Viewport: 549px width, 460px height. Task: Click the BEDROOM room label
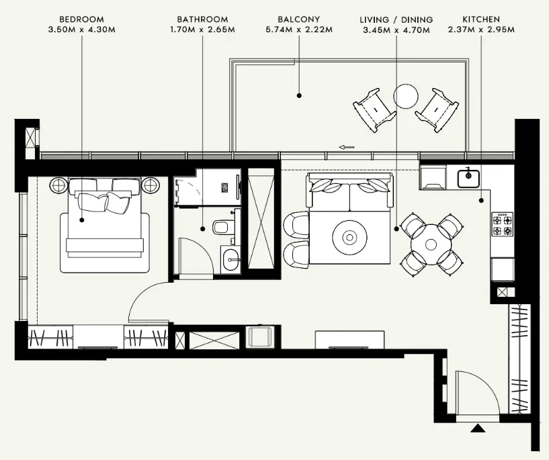81,19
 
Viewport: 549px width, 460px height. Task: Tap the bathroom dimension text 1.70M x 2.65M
202,30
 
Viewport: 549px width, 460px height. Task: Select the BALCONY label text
298,19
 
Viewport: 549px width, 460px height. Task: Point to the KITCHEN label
481,19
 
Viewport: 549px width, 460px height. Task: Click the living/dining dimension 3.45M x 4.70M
396,30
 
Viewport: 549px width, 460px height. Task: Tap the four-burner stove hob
503,224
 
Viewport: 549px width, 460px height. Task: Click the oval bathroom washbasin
231,259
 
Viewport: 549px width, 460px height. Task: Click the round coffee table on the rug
349,238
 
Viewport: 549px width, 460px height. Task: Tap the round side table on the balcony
406,97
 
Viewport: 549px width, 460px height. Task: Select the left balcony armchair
374,110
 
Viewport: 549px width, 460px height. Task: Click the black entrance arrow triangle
478,428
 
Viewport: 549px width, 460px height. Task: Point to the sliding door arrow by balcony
347,147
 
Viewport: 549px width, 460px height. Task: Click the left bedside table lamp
59,185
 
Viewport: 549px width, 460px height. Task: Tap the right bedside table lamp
151,185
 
